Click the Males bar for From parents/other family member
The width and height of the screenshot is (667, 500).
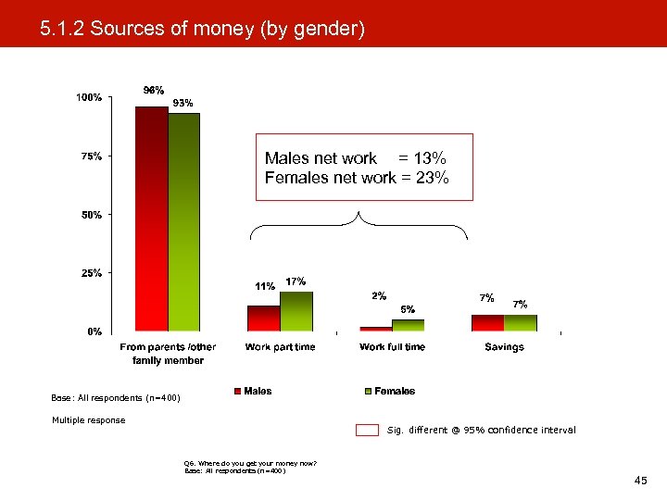(x=151, y=219)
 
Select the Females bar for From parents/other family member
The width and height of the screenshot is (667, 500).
(x=183, y=222)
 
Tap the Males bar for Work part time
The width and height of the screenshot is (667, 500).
(x=263, y=318)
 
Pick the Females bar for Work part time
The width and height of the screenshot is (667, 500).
(x=296, y=311)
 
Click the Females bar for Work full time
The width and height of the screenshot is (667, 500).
(x=408, y=325)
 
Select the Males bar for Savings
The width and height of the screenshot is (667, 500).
(x=487, y=322)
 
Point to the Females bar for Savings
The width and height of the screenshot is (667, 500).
(x=521, y=322)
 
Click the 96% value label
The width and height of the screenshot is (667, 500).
(x=153, y=91)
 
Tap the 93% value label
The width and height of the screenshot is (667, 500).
(x=183, y=104)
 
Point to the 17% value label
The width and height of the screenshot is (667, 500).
(x=296, y=281)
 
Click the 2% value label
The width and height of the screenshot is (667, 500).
(x=379, y=296)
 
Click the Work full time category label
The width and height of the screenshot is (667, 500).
(x=392, y=347)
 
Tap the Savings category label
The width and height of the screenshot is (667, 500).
(x=504, y=347)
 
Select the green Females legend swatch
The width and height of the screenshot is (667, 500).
(x=368, y=392)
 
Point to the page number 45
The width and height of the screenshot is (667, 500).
(x=640, y=481)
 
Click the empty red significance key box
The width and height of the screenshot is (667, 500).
(x=368, y=430)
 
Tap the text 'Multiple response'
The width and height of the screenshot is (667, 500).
(x=88, y=420)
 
